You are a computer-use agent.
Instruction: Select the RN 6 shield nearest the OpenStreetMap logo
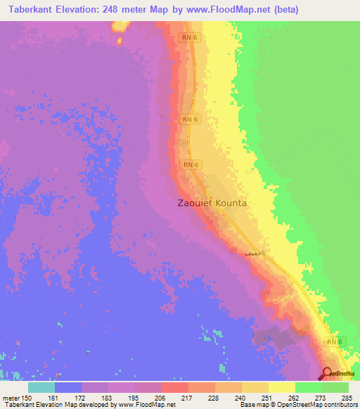coord(334,341)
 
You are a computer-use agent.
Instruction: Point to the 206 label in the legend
coord(161,398)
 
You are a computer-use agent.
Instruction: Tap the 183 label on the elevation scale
coord(108,398)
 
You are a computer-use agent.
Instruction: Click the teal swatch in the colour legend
coord(41,387)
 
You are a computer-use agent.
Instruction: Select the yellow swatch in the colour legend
coord(281,387)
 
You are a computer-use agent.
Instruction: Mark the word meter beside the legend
coord(10,398)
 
